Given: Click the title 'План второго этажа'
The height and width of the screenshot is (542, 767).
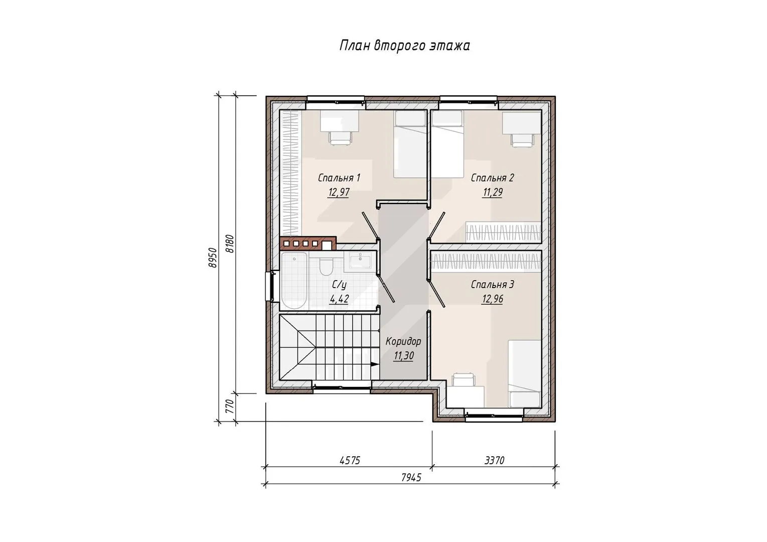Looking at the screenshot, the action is pos(404,46).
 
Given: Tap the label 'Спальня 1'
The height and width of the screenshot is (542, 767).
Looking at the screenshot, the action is pos(339,178).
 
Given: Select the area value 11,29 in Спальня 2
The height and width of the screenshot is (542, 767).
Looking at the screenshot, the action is pos(493,192).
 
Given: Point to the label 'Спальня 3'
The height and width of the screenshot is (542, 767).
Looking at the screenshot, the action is pos(493,285).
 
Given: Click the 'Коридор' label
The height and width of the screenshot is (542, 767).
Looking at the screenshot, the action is pos(403,342).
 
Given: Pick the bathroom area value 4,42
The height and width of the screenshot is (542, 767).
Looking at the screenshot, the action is pos(339,299).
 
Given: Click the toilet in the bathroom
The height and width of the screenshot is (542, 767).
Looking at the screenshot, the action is pos(326,266).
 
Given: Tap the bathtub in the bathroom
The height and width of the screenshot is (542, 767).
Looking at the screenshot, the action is pos(294,281).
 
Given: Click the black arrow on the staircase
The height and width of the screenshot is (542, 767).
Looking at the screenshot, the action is pos(375,364).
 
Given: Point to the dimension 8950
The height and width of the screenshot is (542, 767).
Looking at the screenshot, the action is pos(213,257).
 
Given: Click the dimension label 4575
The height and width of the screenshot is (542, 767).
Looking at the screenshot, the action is pos(350,461).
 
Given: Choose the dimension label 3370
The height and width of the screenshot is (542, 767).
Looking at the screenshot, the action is pos(495,461).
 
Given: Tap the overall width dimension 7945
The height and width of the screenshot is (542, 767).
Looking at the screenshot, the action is pos(411,477).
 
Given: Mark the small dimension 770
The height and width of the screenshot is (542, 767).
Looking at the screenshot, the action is pos(230,406).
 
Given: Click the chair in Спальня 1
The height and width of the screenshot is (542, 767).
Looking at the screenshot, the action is pos(340,138).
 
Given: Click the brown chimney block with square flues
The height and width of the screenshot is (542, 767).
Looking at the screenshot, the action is pos(308,243).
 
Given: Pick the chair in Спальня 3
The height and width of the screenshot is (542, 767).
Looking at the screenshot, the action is pos(464,380).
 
